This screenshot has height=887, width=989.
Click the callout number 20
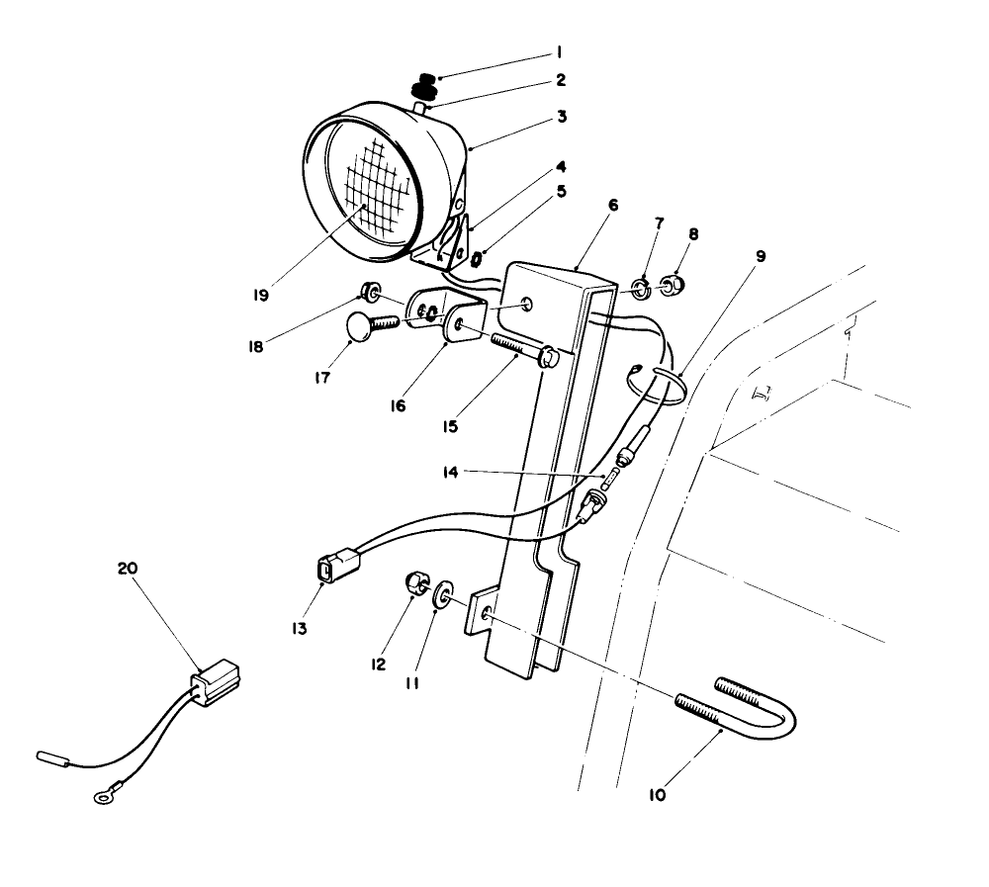(x=128, y=569)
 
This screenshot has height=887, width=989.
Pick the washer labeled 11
(x=443, y=594)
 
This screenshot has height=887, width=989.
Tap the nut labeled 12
(x=416, y=583)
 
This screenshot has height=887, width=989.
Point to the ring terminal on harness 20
(x=100, y=792)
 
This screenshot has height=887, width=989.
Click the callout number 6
(x=613, y=205)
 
